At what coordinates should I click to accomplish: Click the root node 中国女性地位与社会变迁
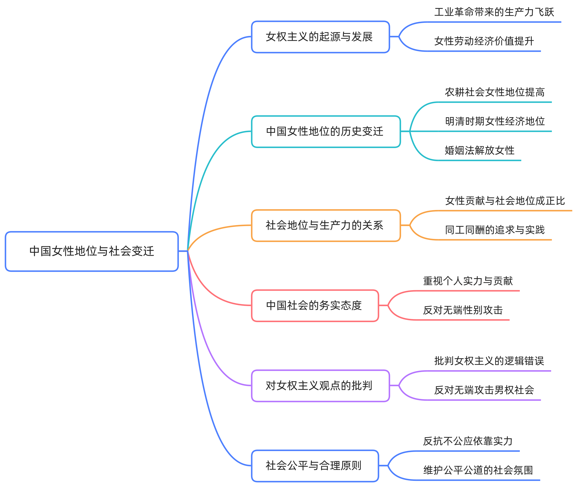[92, 251]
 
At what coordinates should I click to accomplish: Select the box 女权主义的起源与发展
[320, 37]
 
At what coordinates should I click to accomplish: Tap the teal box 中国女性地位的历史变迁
[326, 131]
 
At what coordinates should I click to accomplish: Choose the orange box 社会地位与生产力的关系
[326, 225]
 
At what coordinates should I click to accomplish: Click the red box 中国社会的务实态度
[315, 306]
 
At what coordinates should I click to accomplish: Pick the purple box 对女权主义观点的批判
[320, 386]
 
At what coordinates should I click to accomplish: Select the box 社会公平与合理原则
[315, 466]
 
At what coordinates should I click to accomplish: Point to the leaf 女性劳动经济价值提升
[484, 41]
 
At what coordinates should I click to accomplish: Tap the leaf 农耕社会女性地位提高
[494, 92]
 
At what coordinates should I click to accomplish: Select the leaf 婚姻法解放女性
[479, 150]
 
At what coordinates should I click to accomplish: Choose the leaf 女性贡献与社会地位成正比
[505, 201]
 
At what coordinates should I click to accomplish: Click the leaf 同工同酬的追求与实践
[494, 230]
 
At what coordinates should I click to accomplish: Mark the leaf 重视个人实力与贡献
[468, 281]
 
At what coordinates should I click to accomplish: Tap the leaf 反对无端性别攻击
[463, 310]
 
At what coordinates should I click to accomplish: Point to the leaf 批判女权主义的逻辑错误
[489, 361]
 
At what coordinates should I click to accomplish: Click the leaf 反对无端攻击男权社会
[484, 390]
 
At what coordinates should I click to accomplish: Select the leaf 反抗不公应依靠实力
[468, 441]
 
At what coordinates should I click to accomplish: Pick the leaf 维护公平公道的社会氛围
[478, 470]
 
